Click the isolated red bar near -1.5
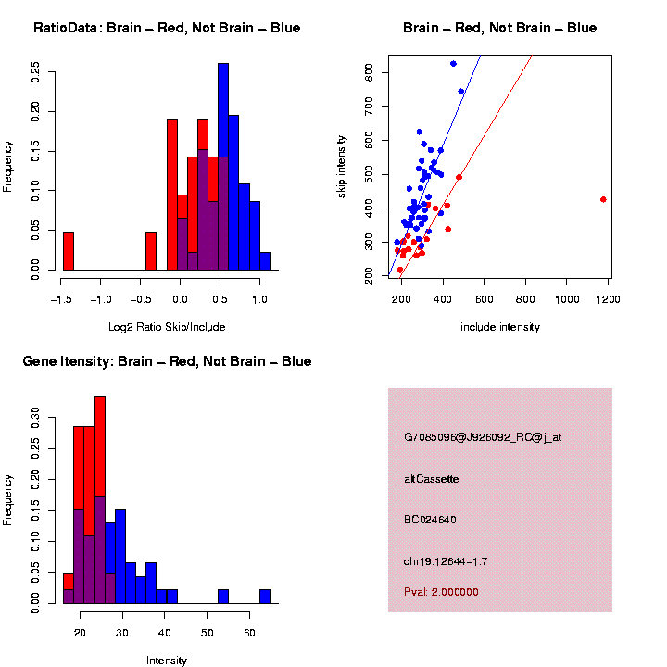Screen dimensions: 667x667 (x=68, y=251)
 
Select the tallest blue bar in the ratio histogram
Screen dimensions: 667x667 (x=222, y=167)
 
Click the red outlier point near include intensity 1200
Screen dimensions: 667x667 (x=603, y=199)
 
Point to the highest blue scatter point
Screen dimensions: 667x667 (x=453, y=64)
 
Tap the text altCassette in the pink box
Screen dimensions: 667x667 (x=432, y=479)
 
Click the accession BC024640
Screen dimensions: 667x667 (x=430, y=520)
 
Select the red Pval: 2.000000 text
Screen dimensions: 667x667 (x=441, y=592)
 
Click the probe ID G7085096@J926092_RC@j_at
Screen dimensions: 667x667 (x=483, y=437)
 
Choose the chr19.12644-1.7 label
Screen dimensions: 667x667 (x=444, y=561)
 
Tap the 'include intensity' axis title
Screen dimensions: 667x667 (x=499, y=327)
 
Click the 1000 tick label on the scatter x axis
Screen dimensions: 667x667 (x=566, y=299)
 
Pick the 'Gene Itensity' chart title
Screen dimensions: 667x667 (x=167, y=361)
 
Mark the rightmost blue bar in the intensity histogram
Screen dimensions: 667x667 (x=265, y=597)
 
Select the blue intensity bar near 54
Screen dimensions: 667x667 (x=223, y=597)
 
